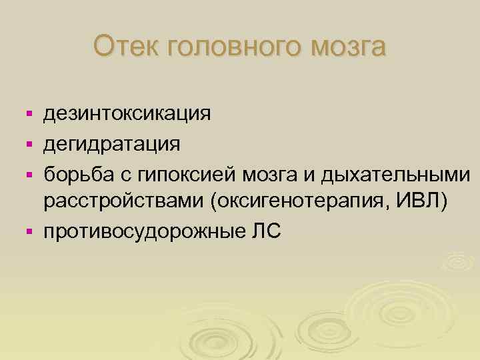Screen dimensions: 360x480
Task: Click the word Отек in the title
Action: (x=125, y=47)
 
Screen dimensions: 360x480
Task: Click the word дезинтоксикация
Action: (x=127, y=114)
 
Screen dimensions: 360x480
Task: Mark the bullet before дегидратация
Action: (x=28, y=144)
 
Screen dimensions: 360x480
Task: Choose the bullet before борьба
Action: (x=28, y=173)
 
